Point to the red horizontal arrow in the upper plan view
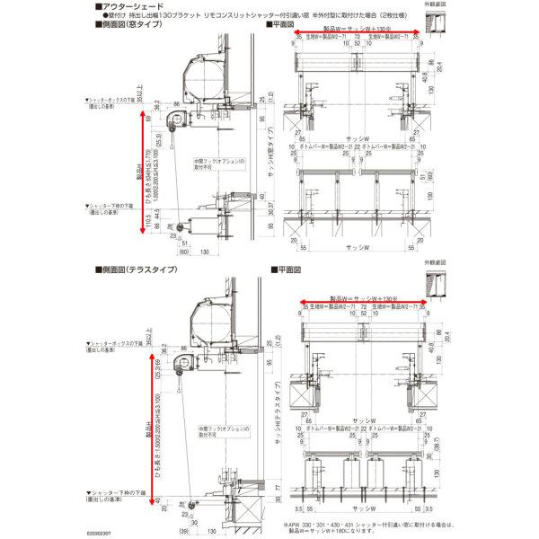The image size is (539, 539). coord(359,35)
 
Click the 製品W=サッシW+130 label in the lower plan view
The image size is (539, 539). coord(359,293)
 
